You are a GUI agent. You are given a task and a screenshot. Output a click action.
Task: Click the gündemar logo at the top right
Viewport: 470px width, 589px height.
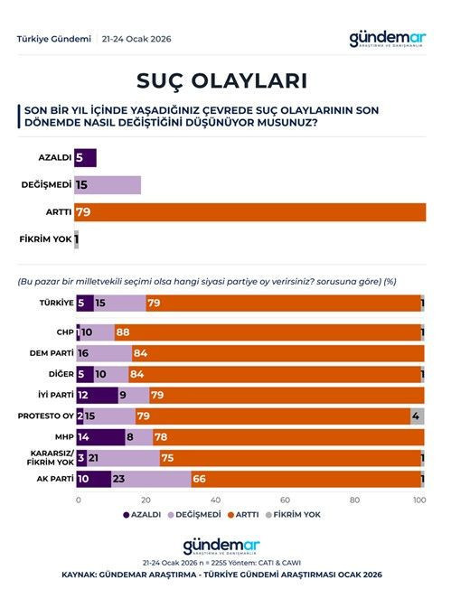pyautogui.click(x=388, y=40)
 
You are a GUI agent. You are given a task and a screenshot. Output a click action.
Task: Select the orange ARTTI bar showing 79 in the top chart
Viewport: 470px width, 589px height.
pyautogui.click(x=250, y=212)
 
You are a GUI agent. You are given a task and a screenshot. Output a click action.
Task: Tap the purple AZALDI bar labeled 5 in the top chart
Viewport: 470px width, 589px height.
pyautogui.click(x=85, y=158)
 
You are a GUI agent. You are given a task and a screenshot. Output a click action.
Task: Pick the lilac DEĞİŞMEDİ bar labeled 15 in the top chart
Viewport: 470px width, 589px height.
pyautogui.click(x=108, y=185)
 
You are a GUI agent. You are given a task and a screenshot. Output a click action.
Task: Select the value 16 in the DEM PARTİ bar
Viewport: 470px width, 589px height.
pyautogui.click(x=84, y=353)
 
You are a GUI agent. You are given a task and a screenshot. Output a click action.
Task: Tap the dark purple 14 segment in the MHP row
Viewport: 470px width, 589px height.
pyautogui.click(x=100, y=437)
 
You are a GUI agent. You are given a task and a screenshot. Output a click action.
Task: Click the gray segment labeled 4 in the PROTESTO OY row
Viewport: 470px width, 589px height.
pyautogui.click(x=416, y=416)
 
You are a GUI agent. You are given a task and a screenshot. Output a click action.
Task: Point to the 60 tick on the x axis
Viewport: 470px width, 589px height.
pyautogui.click(x=284, y=499)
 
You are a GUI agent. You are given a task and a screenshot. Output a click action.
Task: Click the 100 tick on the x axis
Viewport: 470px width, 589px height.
pyautogui.click(x=418, y=499)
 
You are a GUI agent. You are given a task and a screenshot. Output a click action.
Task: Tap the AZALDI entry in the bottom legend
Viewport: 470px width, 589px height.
pyautogui.click(x=144, y=514)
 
